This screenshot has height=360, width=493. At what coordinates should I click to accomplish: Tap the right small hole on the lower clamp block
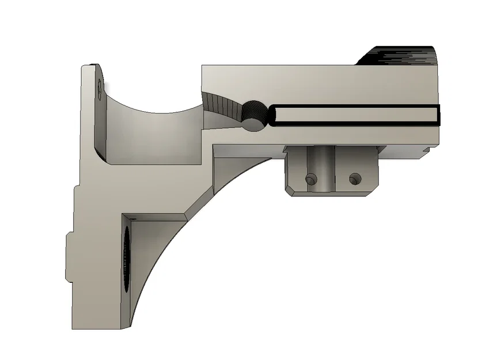pos(355,178)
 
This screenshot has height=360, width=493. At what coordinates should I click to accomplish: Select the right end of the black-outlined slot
pos(437,115)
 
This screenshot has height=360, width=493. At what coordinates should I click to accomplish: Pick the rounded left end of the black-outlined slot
pos(274,116)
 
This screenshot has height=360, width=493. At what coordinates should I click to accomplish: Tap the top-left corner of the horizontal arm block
pos(202,66)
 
